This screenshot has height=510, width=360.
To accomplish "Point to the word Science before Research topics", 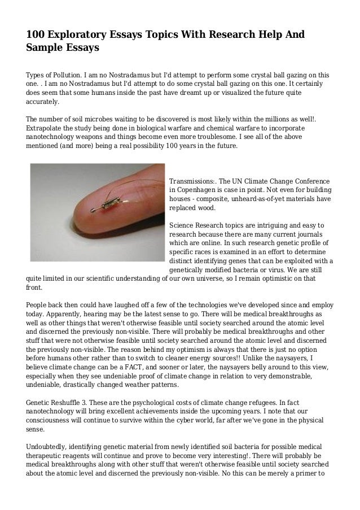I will point(183,226).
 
